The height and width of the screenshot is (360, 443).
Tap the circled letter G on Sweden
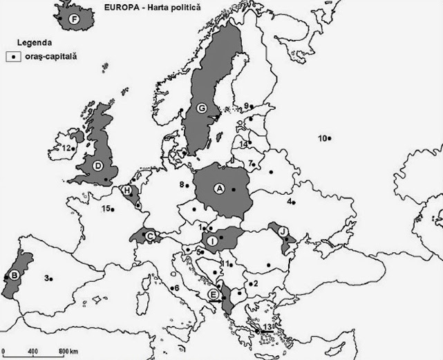pos(202,107)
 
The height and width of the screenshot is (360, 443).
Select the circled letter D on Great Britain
pos(98,165)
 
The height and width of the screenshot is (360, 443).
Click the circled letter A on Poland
pos(220,187)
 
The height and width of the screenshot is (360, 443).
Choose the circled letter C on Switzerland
pos(150,236)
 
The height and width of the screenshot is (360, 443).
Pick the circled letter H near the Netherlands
pos(127,190)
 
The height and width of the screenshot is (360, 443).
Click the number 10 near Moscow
pos(321,138)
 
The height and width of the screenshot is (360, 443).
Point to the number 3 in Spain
pos(46,278)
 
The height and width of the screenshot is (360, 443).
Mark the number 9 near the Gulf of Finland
pos(245,105)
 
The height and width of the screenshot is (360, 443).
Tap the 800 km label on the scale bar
pos(68,352)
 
